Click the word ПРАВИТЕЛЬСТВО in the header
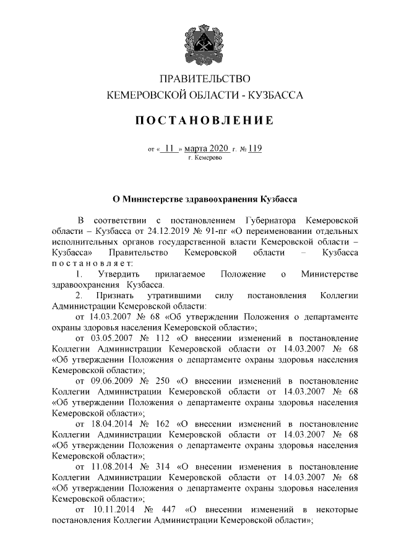204,79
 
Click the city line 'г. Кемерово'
204,158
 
